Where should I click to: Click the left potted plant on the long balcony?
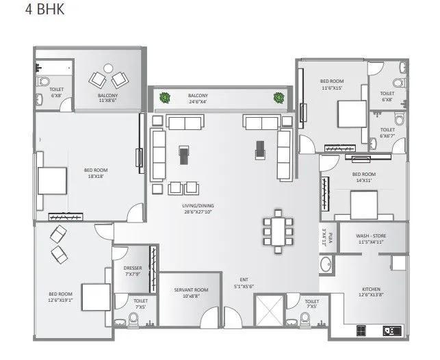[x=164, y=97]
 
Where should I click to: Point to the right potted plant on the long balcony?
[x=279, y=97]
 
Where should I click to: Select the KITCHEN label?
[x=371, y=292]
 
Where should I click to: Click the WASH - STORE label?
[x=372, y=239]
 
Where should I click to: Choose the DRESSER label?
[x=132, y=272]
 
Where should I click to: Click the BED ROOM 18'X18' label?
[x=96, y=174]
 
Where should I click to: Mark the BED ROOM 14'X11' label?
[x=362, y=177]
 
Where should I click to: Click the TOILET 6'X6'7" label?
[x=387, y=132]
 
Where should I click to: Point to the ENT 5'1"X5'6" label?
[x=242, y=282]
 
